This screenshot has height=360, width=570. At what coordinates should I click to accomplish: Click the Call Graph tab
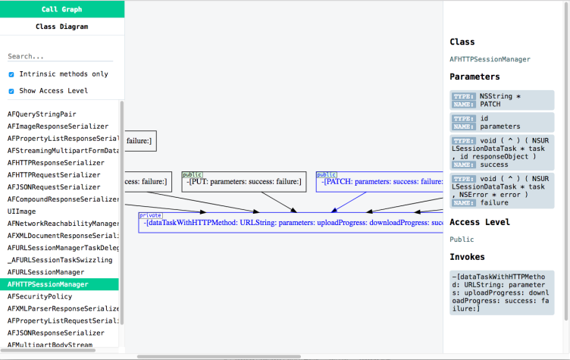click(x=61, y=9)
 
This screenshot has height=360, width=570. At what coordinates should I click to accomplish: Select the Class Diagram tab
click(x=61, y=27)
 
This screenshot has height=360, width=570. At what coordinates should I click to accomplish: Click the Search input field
click(x=59, y=56)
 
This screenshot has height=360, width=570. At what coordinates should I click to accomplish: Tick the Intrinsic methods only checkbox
click(x=11, y=74)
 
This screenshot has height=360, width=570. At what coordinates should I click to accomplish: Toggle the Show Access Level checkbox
click(x=11, y=91)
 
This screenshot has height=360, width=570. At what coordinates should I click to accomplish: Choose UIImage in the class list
click(x=21, y=211)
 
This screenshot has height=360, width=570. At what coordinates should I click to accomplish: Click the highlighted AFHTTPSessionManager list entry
click(x=48, y=284)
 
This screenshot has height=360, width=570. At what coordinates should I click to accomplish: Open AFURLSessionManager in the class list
click(x=45, y=272)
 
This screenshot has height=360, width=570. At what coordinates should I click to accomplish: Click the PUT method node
click(x=243, y=182)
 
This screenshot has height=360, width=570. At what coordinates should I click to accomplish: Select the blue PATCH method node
click(x=379, y=182)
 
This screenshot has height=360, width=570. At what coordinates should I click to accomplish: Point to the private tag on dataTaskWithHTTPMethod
click(x=150, y=215)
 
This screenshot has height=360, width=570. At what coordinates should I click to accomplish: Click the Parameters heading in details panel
click(x=474, y=77)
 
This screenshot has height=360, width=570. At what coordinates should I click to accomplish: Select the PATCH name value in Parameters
click(x=490, y=104)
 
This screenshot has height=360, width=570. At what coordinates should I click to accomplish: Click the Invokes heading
click(x=467, y=257)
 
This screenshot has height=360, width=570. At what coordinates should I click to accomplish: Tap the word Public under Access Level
click(x=462, y=239)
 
